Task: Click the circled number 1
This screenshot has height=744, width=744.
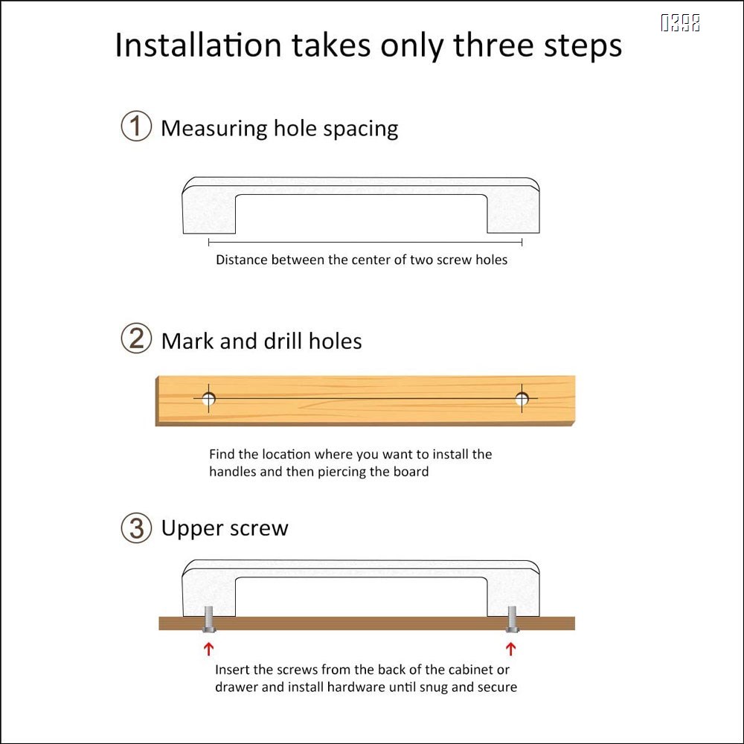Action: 136,126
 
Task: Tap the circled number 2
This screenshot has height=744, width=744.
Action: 136,339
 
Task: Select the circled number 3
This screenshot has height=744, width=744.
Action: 136,527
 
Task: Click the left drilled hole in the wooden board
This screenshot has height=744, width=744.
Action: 209,399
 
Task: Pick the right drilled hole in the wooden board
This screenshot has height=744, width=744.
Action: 522,399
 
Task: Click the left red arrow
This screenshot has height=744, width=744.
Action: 208,649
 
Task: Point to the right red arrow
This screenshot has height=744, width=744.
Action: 510,649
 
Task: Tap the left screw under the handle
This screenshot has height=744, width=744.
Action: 209,620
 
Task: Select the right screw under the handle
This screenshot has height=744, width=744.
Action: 512,620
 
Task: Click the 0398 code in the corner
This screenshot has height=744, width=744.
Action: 681,23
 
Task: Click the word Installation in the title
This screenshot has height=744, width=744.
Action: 199,45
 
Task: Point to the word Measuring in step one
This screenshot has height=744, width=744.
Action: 214,129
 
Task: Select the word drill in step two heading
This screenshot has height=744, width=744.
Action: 283,341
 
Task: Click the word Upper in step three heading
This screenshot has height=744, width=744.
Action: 192,528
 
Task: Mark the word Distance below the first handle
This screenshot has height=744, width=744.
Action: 242,260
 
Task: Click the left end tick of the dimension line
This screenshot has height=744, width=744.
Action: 209,243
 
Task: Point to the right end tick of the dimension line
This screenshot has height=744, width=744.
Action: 522,243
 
